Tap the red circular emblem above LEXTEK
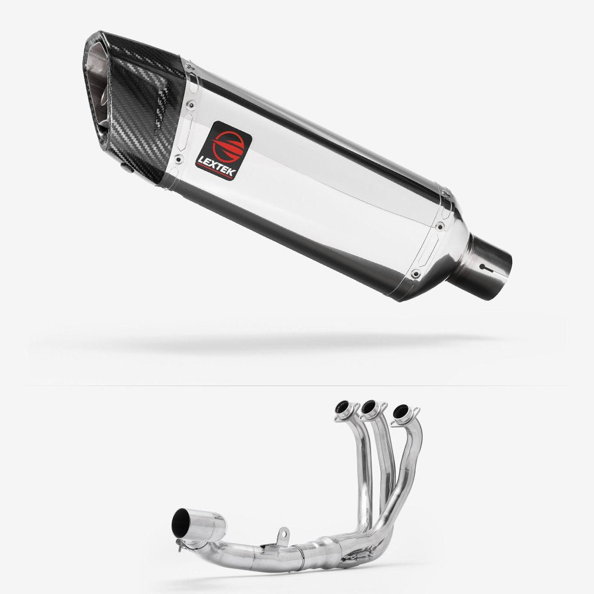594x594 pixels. [228, 146]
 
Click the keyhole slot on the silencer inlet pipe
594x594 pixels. [486, 267]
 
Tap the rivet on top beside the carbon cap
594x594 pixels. [189, 67]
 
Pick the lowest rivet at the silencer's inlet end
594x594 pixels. [416, 273]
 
